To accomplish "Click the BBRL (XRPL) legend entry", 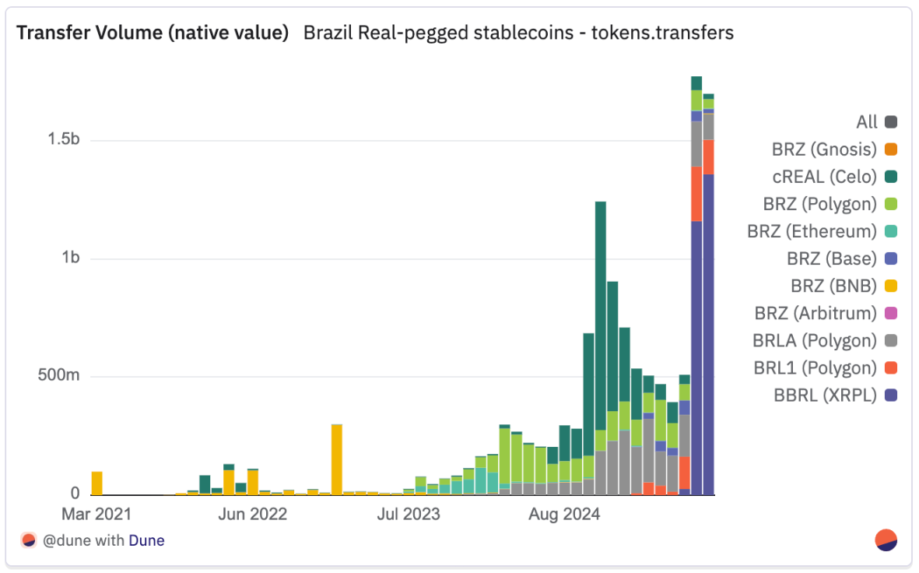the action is [x=835, y=395].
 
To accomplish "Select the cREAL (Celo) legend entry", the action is [x=835, y=177].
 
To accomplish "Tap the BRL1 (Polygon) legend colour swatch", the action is [x=891, y=367].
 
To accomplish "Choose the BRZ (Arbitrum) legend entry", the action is [x=826, y=313].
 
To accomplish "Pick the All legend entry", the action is [x=876, y=122].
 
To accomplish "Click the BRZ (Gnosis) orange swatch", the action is [x=891, y=149].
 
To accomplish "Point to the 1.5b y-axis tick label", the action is [x=63, y=139].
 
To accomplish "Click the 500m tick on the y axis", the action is [x=58, y=375].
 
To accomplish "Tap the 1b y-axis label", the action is [x=70, y=258].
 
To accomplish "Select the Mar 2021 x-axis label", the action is [x=96, y=515].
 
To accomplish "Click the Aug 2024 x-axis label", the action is [x=564, y=515].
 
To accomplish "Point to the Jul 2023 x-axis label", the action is [x=409, y=515].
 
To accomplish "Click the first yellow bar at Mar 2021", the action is [x=96, y=483].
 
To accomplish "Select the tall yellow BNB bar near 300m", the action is [x=336, y=459].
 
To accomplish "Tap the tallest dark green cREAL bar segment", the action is [x=601, y=316].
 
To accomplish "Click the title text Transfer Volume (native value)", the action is [x=153, y=33].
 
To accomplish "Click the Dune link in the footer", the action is [x=146, y=540].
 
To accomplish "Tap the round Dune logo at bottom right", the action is [x=886, y=540].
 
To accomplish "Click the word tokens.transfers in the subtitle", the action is [x=662, y=33].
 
